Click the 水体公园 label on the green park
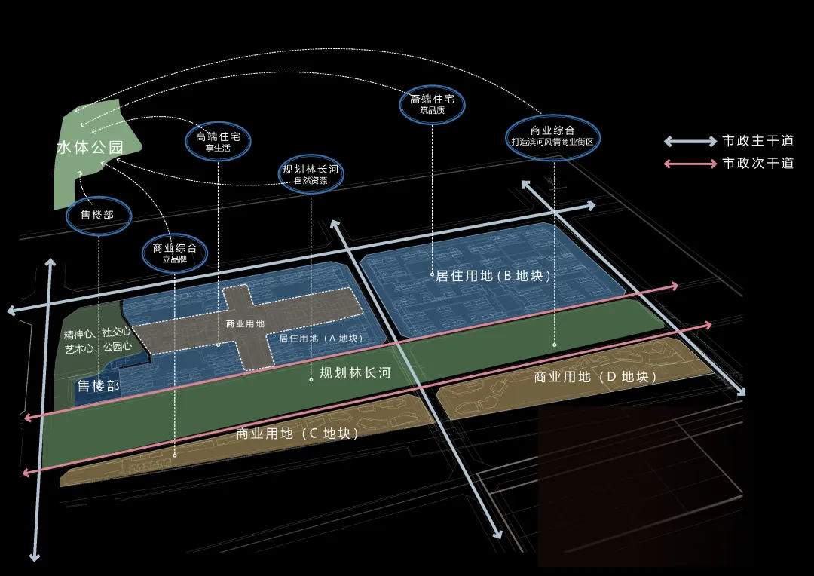point(90,147)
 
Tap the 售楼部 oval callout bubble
point(98,216)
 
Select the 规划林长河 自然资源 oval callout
point(311,174)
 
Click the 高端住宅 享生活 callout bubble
point(218,141)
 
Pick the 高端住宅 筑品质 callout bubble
point(433,103)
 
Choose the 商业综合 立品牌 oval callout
point(175,252)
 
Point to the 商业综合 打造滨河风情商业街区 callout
point(552,136)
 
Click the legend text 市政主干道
point(757,141)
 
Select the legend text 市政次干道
point(757,163)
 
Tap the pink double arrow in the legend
point(690,164)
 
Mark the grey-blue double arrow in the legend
point(690,141)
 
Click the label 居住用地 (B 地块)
point(494,276)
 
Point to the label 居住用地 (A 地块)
point(321,339)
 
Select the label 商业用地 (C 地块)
point(297,434)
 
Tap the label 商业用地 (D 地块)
point(595,376)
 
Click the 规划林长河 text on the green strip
point(355,372)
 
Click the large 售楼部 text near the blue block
point(98,386)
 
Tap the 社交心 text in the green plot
point(117,332)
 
